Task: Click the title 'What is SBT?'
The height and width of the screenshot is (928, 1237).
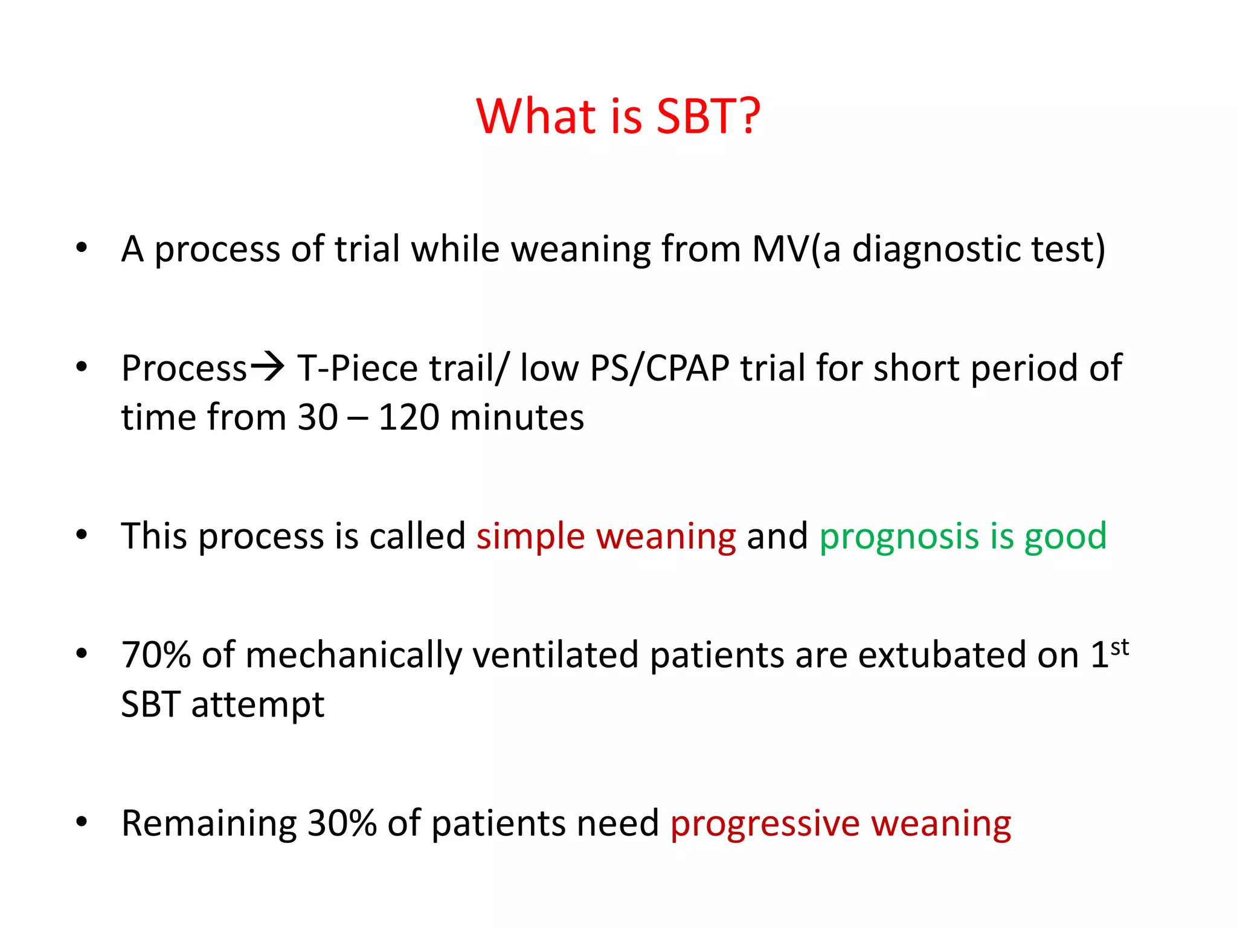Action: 618,116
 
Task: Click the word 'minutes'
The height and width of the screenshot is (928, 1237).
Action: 516,417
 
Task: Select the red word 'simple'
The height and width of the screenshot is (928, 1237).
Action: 530,536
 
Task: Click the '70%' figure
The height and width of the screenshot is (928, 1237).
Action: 156,655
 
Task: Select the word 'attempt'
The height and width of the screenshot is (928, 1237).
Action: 258,705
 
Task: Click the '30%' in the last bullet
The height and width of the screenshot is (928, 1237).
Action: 342,823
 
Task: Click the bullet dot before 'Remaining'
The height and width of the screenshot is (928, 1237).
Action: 82,822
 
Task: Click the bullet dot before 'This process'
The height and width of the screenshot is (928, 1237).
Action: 82,535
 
